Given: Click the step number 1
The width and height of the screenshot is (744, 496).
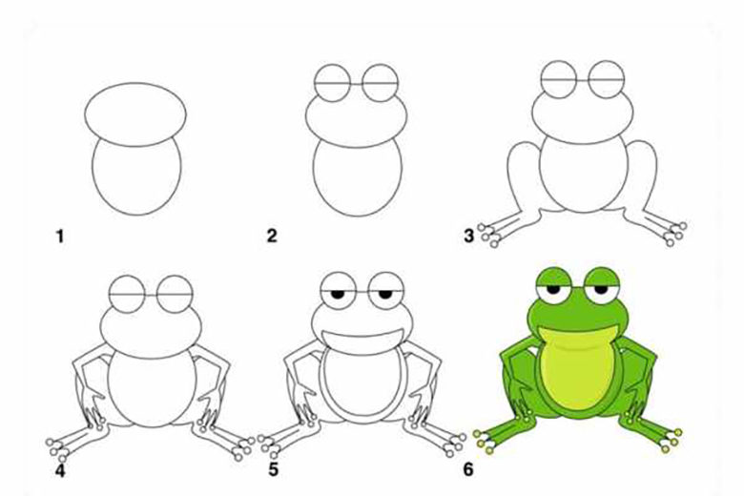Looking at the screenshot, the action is (60, 236).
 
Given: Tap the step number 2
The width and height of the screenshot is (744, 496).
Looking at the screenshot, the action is (272, 236).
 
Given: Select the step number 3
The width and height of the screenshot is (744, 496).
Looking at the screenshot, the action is (468, 236).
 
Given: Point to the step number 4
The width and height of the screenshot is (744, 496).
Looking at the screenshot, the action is (60, 470).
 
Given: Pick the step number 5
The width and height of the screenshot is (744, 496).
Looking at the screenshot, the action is (274, 469).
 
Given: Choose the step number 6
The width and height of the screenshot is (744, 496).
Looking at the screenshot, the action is (468, 469).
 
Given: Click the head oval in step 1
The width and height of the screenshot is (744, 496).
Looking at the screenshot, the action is (135, 83).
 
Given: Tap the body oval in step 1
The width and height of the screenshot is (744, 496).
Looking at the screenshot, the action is (136, 215).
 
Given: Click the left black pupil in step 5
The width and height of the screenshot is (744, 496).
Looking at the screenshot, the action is (338, 295).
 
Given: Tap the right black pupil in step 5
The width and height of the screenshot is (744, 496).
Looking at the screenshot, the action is (385, 295).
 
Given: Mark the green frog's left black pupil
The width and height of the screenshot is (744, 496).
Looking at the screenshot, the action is (553, 289).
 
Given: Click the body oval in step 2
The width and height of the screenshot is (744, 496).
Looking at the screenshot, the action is (358, 215).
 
